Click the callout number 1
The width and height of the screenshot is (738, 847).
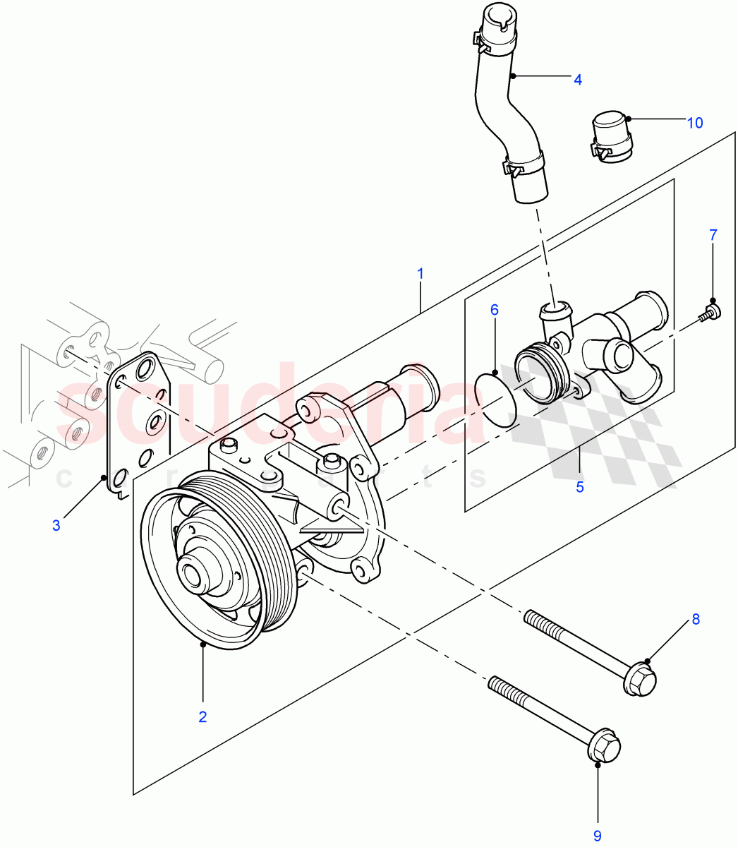coord(421,272)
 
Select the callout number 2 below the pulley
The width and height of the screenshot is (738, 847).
coord(202,716)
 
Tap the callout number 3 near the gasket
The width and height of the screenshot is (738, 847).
coord(56,524)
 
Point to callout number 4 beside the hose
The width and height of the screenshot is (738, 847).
coord(577,80)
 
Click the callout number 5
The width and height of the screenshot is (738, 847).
coord(579,487)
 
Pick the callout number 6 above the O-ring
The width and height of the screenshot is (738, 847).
coord(494,310)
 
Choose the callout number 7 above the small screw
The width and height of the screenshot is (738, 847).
coord(713,234)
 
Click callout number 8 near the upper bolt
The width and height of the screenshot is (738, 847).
coord(695,619)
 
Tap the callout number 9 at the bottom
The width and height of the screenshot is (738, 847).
coord(597,836)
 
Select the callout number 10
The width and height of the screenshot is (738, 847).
coord(694,123)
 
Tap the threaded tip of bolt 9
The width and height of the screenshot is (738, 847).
coord(499,685)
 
